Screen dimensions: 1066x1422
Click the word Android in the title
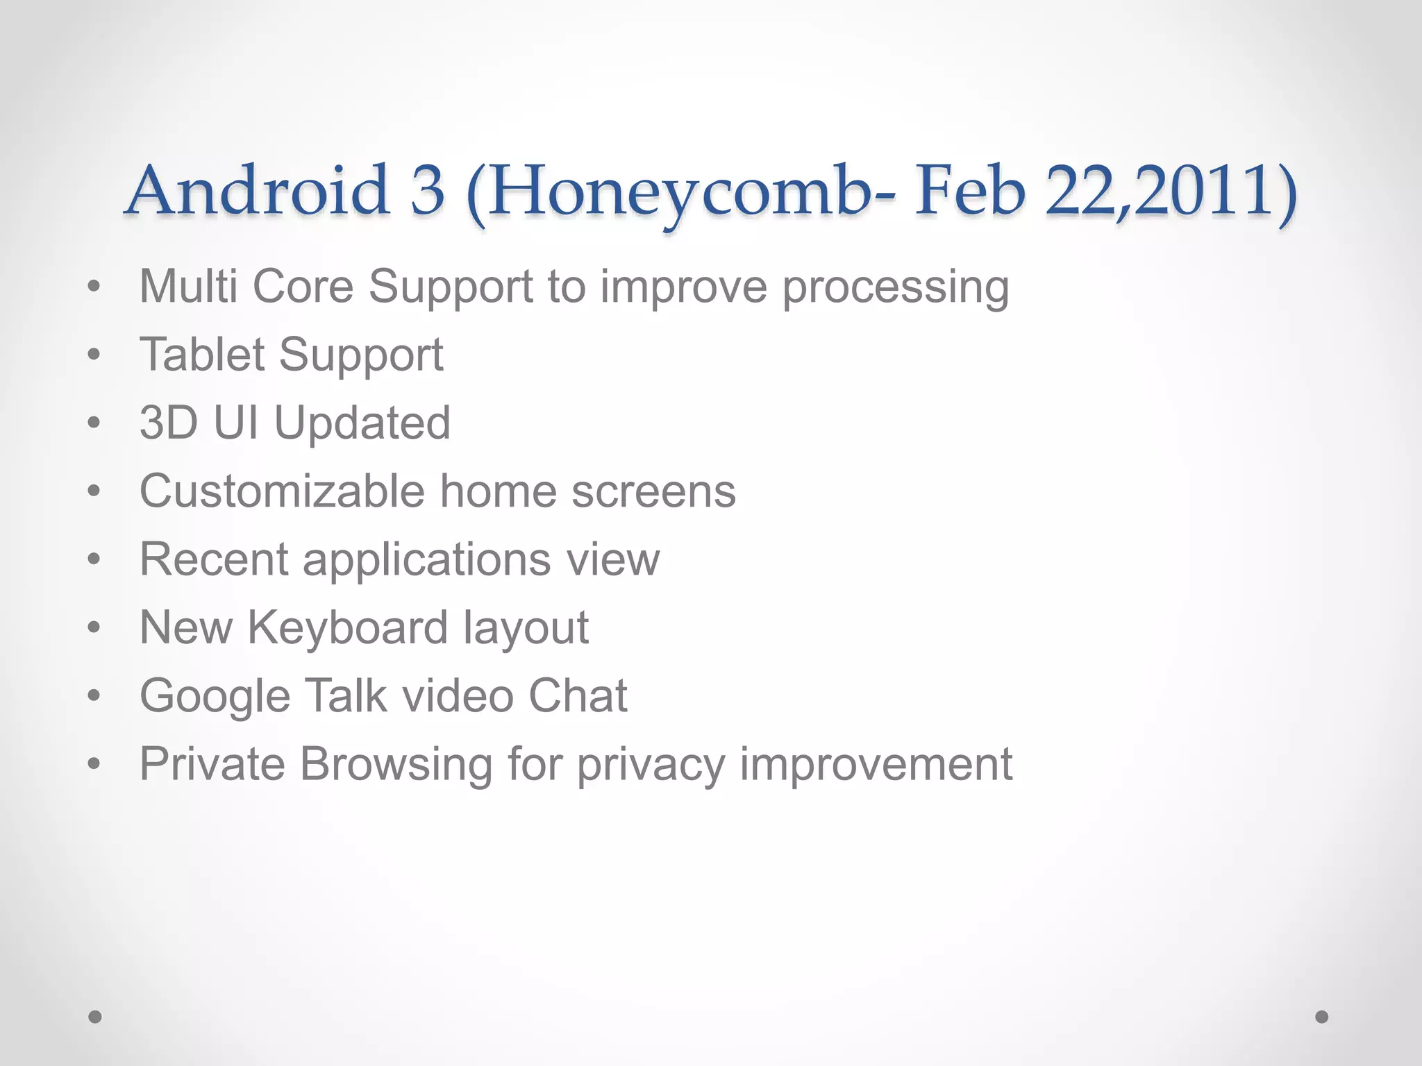(x=257, y=191)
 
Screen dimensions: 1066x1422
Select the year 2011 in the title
(x=1208, y=191)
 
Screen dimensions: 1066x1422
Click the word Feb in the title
(x=969, y=191)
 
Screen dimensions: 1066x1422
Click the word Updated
(x=362, y=423)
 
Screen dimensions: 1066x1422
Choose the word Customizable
(x=282, y=491)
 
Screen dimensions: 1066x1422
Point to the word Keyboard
(x=347, y=627)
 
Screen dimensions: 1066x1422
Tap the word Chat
(x=578, y=695)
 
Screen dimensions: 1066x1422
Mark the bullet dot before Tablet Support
(x=94, y=355)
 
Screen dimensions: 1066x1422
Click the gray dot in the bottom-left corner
(x=95, y=1017)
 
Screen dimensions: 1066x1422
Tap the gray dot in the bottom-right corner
(x=1322, y=1017)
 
